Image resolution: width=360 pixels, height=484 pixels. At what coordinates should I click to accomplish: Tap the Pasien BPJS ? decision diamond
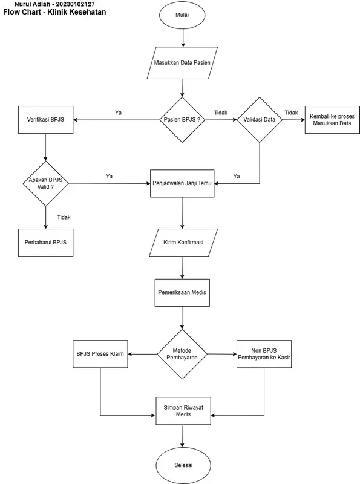point(182,120)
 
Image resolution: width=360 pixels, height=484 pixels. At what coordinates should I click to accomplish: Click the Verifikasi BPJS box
point(46,120)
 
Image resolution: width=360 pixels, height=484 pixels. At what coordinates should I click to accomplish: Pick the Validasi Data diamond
point(260,120)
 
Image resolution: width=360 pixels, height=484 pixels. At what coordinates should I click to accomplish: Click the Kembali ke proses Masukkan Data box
point(332,119)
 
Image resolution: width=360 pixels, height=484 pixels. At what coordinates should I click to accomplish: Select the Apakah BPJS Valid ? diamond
point(45,183)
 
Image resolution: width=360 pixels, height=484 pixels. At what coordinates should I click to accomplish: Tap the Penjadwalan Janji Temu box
point(182,183)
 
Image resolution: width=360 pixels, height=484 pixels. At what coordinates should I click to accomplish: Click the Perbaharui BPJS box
point(46,242)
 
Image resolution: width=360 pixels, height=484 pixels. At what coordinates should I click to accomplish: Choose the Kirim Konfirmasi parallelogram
point(183,242)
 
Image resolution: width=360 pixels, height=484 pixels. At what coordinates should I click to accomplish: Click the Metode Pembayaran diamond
point(182,353)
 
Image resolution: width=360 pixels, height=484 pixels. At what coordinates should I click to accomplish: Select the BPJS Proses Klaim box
point(100,353)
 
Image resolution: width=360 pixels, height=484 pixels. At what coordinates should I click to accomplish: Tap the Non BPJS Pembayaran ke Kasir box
point(264,353)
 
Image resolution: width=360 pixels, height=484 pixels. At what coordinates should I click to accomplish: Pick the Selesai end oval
point(182,465)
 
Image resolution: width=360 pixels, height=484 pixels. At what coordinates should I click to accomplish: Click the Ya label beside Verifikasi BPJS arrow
point(118,113)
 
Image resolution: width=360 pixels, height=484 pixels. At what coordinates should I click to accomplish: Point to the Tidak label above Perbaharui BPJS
point(64,217)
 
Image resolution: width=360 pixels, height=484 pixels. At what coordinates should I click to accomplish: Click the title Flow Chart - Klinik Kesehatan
point(54,11)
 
